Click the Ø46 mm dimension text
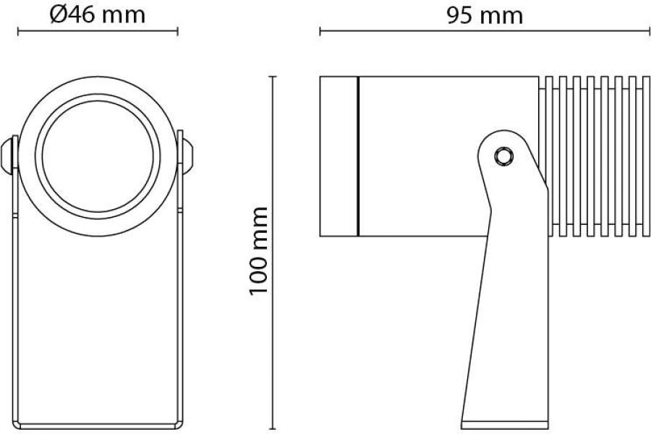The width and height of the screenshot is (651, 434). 97,14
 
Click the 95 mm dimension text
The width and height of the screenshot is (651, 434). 484,14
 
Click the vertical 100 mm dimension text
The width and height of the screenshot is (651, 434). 258,250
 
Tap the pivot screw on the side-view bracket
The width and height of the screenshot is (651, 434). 502,155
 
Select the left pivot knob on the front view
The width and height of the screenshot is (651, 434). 9,155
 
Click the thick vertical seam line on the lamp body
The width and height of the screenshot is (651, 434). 358,156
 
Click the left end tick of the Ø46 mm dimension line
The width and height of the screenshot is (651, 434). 17,31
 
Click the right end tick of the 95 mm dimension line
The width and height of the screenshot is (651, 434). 649,31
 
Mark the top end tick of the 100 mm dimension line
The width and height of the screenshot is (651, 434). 273,75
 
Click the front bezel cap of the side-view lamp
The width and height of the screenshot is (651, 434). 338,156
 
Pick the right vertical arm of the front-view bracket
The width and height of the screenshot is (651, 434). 180,311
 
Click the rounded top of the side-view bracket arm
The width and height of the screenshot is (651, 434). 506,135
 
